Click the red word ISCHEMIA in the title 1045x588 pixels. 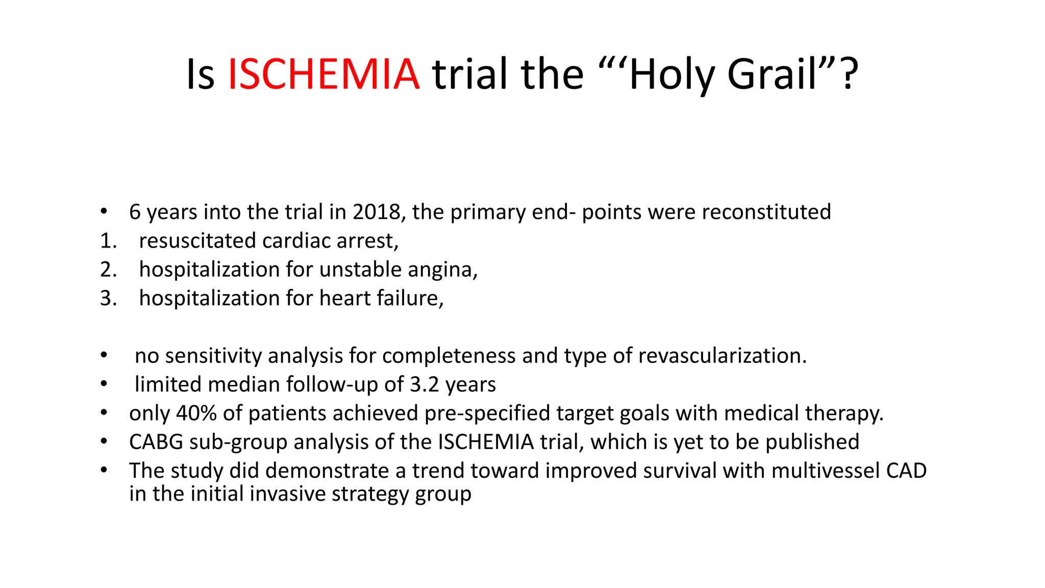(324, 75)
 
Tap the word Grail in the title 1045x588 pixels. (774, 75)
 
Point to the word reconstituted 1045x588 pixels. (764, 212)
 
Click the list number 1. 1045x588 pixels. (107, 241)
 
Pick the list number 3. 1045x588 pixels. (107, 298)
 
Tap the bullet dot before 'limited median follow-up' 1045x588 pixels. (104, 384)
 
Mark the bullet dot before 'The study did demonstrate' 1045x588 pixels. (104, 471)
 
